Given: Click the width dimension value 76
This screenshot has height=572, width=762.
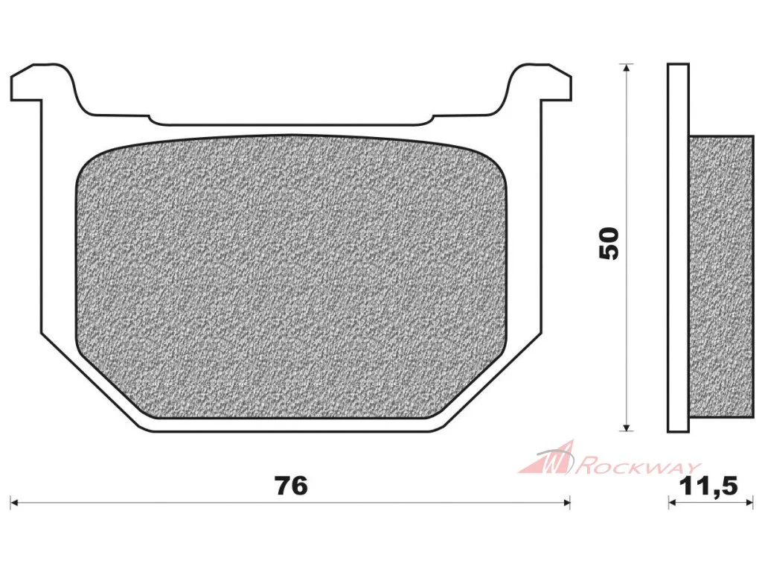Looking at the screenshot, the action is point(291,486).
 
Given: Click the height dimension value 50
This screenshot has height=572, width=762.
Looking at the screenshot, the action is point(609,244).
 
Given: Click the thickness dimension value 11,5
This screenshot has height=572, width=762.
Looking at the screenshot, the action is point(709,486).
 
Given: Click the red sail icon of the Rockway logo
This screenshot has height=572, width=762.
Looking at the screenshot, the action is point(549,458).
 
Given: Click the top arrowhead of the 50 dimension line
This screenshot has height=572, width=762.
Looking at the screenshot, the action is point(627,68).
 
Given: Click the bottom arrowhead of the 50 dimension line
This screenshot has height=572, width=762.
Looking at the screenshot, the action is point(627,427).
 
